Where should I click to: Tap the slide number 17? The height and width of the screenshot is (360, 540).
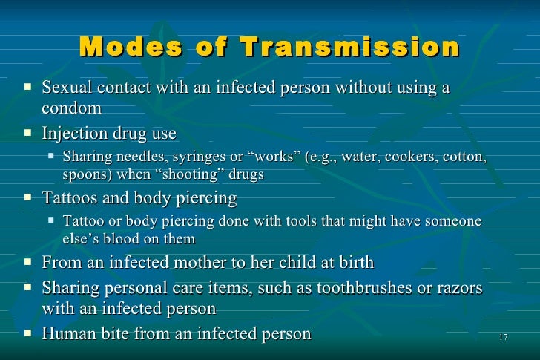tap(503, 338)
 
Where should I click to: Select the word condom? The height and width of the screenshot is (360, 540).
tap(71, 108)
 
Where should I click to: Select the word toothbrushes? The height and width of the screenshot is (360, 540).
tap(360, 287)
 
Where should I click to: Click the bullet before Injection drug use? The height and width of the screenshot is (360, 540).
tap(28, 134)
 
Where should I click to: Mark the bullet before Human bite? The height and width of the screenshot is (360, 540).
tap(28, 333)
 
